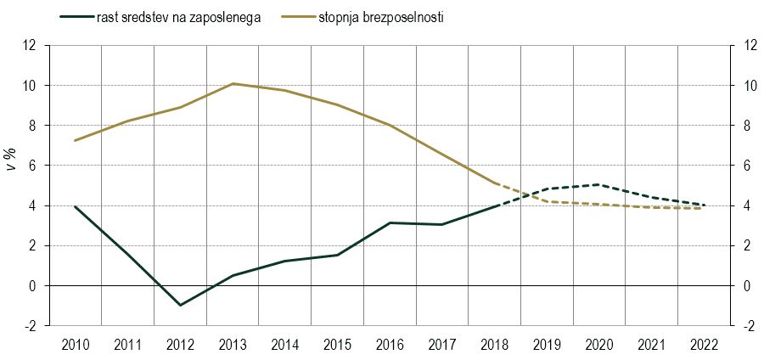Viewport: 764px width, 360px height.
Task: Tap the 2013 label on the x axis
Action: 233,346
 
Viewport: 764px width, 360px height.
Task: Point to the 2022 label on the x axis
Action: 704,346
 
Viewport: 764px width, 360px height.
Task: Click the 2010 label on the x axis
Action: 76,346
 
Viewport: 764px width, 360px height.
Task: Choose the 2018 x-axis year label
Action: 494,346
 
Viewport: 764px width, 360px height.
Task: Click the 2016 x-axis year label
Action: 390,346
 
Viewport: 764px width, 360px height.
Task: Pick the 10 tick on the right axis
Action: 750,86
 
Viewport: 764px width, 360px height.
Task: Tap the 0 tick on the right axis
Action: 747,286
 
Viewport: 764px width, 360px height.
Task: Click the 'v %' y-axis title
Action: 13,157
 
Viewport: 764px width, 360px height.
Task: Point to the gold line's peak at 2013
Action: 233,84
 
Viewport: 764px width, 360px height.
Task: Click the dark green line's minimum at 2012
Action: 180,305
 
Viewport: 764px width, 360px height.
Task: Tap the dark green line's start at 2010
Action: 76,206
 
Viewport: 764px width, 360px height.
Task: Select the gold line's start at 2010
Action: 76,140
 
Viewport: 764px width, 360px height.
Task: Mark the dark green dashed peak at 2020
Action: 599,184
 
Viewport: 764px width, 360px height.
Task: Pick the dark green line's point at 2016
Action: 390,222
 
